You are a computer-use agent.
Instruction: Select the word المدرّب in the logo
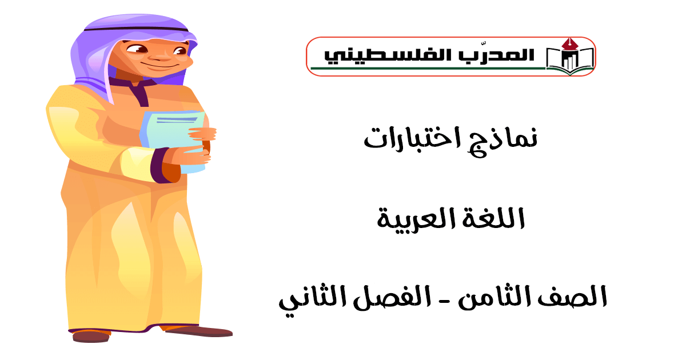[x=496, y=55]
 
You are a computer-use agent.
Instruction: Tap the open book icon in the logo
[x=569, y=61]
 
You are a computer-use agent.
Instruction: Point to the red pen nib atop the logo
[x=569, y=44]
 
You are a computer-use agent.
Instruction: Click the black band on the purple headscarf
[x=136, y=29]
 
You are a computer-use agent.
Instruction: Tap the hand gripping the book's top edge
[x=202, y=134]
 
